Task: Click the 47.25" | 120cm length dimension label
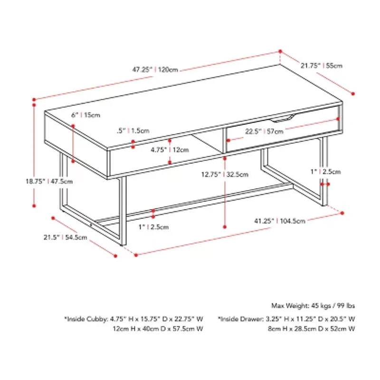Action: pyautogui.click(x=155, y=70)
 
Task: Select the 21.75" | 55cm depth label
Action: pyautogui.click(x=322, y=66)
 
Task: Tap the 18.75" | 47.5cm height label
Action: pyautogui.click(x=49, y=181)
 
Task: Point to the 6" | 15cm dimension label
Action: pyautogui.click(x=85, y=115)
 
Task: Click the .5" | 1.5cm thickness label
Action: pyautogui.click(x=133, y=131)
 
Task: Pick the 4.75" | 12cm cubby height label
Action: pyautogui.click(x=170, y=150)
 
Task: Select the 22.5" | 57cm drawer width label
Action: pyautogui.click(x=264, y=132)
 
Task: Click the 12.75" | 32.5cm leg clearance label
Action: pyautogui.click(x=225, y=174)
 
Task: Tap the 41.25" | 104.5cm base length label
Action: pyautogui.click(x=280, y=221)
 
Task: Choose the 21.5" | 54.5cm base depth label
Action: pyautogui.click(x=65, y=237)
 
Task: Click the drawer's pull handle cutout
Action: pyautogui.click(x=283, y=118)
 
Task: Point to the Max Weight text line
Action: pyautogui.click(x=313, y=306)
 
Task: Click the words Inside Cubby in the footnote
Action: pyautogui.click(x=87, y=319)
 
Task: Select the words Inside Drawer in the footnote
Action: pyautogui.click(x=241, y=319)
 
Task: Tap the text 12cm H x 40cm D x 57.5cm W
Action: pyautogui.click(x=158, y=329)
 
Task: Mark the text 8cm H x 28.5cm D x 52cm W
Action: pyautogui.click(x=312, y=329)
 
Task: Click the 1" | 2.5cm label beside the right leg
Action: pyautogui.click(x=325, y=172)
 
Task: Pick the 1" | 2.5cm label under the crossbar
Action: pyautogui.click(x=153, y=227)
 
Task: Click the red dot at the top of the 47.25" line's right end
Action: pyautogui.click(x=280, y=51)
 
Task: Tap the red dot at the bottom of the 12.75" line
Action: pyautogui.click(x=225, y=227)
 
